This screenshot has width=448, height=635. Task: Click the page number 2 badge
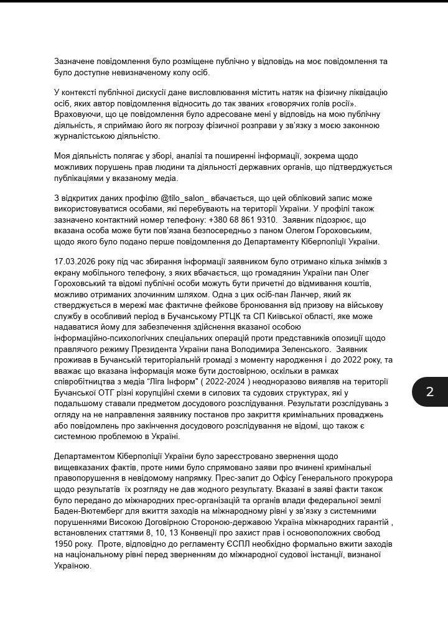429,392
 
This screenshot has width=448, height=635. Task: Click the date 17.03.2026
76,262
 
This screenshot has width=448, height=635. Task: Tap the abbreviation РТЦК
247,317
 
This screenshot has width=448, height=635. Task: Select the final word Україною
73,566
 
